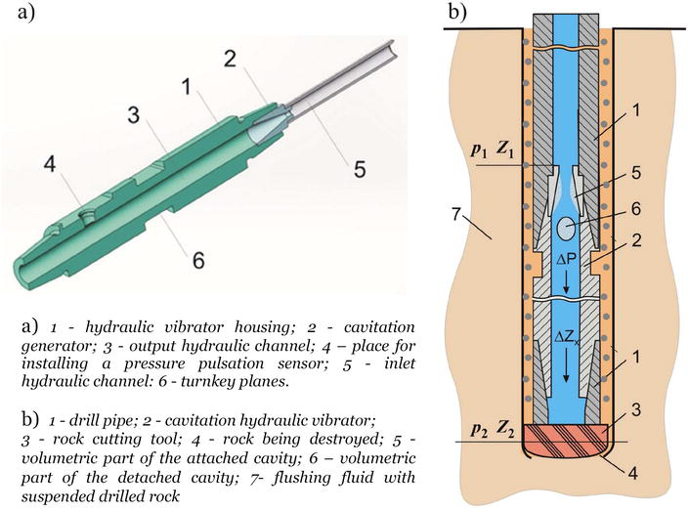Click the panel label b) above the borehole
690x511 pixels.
(456, 13)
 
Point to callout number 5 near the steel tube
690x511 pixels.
(360, 168)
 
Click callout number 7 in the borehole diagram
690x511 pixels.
(461, 214)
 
